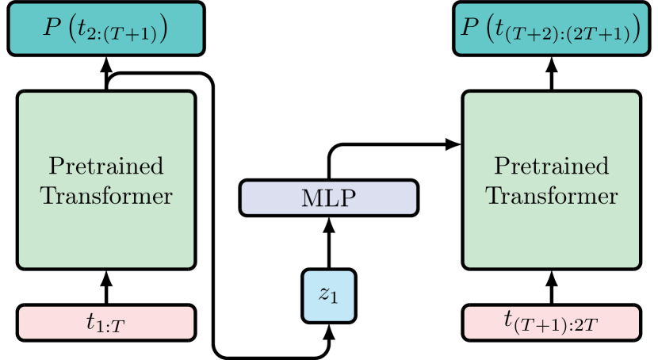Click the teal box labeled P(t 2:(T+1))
(106, 29)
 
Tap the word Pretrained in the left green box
(106, 167)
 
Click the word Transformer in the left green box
(106, 195)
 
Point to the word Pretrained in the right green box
(552, 167)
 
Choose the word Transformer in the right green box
(552, 195)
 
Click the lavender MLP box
(328, 198)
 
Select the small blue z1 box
(329, 296)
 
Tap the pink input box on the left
(106, 323)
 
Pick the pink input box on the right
(552, 323)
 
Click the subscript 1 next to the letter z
(335, 300)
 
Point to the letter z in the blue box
(324, 294)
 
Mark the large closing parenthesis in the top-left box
(163, 29)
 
